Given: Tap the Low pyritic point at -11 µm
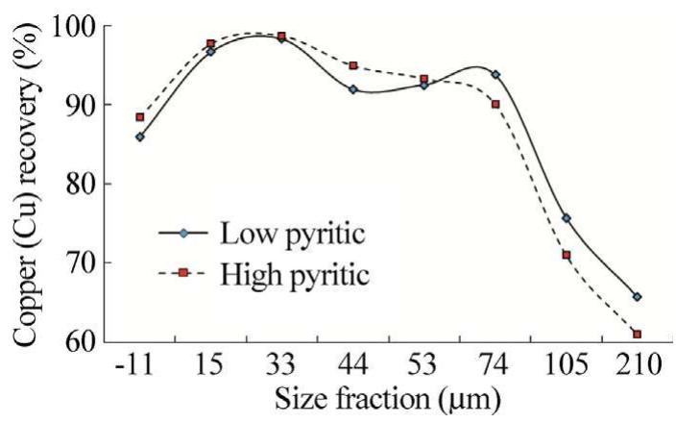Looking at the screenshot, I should point(140,137).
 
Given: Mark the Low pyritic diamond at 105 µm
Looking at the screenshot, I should point(567,218).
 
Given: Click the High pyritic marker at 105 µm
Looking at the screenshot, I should point(567,255).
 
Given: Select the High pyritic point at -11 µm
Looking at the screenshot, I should point(140,117).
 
